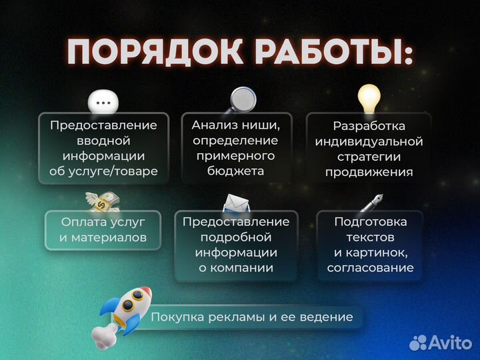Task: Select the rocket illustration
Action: coord(126,311)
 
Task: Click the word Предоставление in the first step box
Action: coord(103,125)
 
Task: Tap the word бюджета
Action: coord(236,171)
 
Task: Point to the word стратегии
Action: coord(369,157)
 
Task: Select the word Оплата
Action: coord(83,221)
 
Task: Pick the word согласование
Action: coord(370,268)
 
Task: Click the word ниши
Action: coord(256,125)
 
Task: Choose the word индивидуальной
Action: coord(369,141)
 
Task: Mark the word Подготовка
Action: coord(370,221)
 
